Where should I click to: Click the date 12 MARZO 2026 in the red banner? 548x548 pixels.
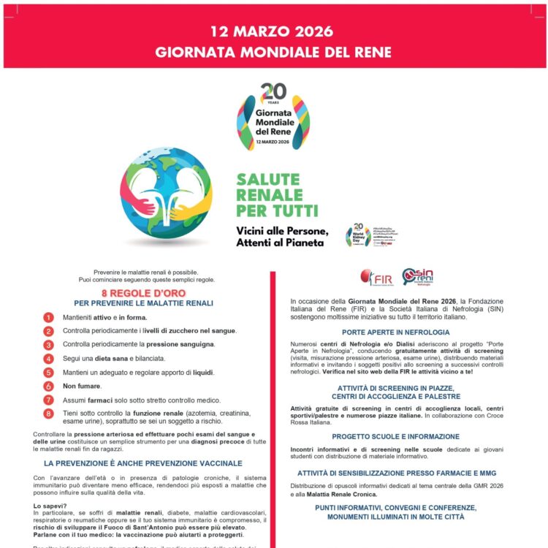click(272, 31)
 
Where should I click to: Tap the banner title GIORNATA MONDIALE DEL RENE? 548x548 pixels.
click(273, 53)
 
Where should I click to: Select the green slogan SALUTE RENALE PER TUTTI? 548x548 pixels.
click(277, 195)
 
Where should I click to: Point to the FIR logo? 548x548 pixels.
click(376, 278)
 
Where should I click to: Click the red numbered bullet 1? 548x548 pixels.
click(49, 317)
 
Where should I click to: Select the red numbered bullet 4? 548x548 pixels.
click(49, 359)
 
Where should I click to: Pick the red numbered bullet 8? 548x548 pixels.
click(49, 414)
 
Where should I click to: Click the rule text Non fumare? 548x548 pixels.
click(82, 386)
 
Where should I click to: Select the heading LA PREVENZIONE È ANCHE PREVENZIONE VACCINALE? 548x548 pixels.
click(142, 463)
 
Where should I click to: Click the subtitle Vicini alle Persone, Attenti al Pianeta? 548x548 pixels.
click(282, 237)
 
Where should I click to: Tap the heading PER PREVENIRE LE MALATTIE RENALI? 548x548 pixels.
click(143, 303)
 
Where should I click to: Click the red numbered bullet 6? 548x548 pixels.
click(49, 386)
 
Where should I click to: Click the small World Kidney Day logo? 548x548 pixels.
click(359, 235)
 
